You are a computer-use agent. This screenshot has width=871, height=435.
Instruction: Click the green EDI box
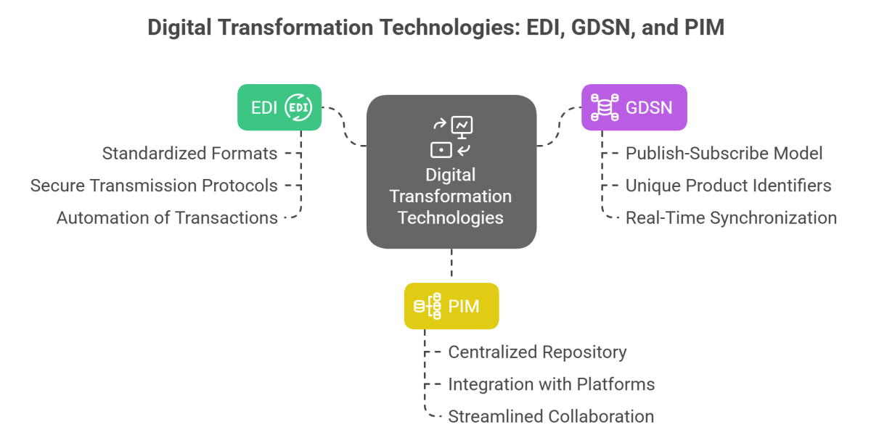(x=279, y=108)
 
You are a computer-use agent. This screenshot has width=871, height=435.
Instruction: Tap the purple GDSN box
(x=634, y=108)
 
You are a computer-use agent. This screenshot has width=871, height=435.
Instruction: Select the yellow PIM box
(x=451, y=306)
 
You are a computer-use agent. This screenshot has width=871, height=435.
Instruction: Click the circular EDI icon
(x=298, y=108)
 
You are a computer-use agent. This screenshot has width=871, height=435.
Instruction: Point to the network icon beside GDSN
(x=602, y=108)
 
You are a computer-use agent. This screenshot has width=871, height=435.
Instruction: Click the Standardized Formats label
(x=189, y=154)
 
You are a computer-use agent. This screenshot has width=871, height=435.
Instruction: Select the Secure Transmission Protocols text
(x=154, y=186)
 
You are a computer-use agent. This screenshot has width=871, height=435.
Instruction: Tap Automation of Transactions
(x=168, y=217)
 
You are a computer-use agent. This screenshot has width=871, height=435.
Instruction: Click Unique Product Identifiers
(x=728, y=186)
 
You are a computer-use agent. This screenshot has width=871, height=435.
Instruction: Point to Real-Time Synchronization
(x=731, y=217)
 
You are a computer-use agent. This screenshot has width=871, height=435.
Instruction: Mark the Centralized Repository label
(x=537, y=352)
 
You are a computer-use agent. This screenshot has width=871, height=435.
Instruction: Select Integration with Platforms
(x=551, y=384)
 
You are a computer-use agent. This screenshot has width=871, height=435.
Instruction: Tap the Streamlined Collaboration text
(x=551, y=416)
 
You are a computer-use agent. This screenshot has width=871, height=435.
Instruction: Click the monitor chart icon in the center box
(x=462, y=127)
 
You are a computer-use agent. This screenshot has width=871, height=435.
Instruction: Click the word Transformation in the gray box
(x=451, y=196)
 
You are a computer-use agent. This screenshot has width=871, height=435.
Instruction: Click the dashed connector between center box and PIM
(x=451, y=265)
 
